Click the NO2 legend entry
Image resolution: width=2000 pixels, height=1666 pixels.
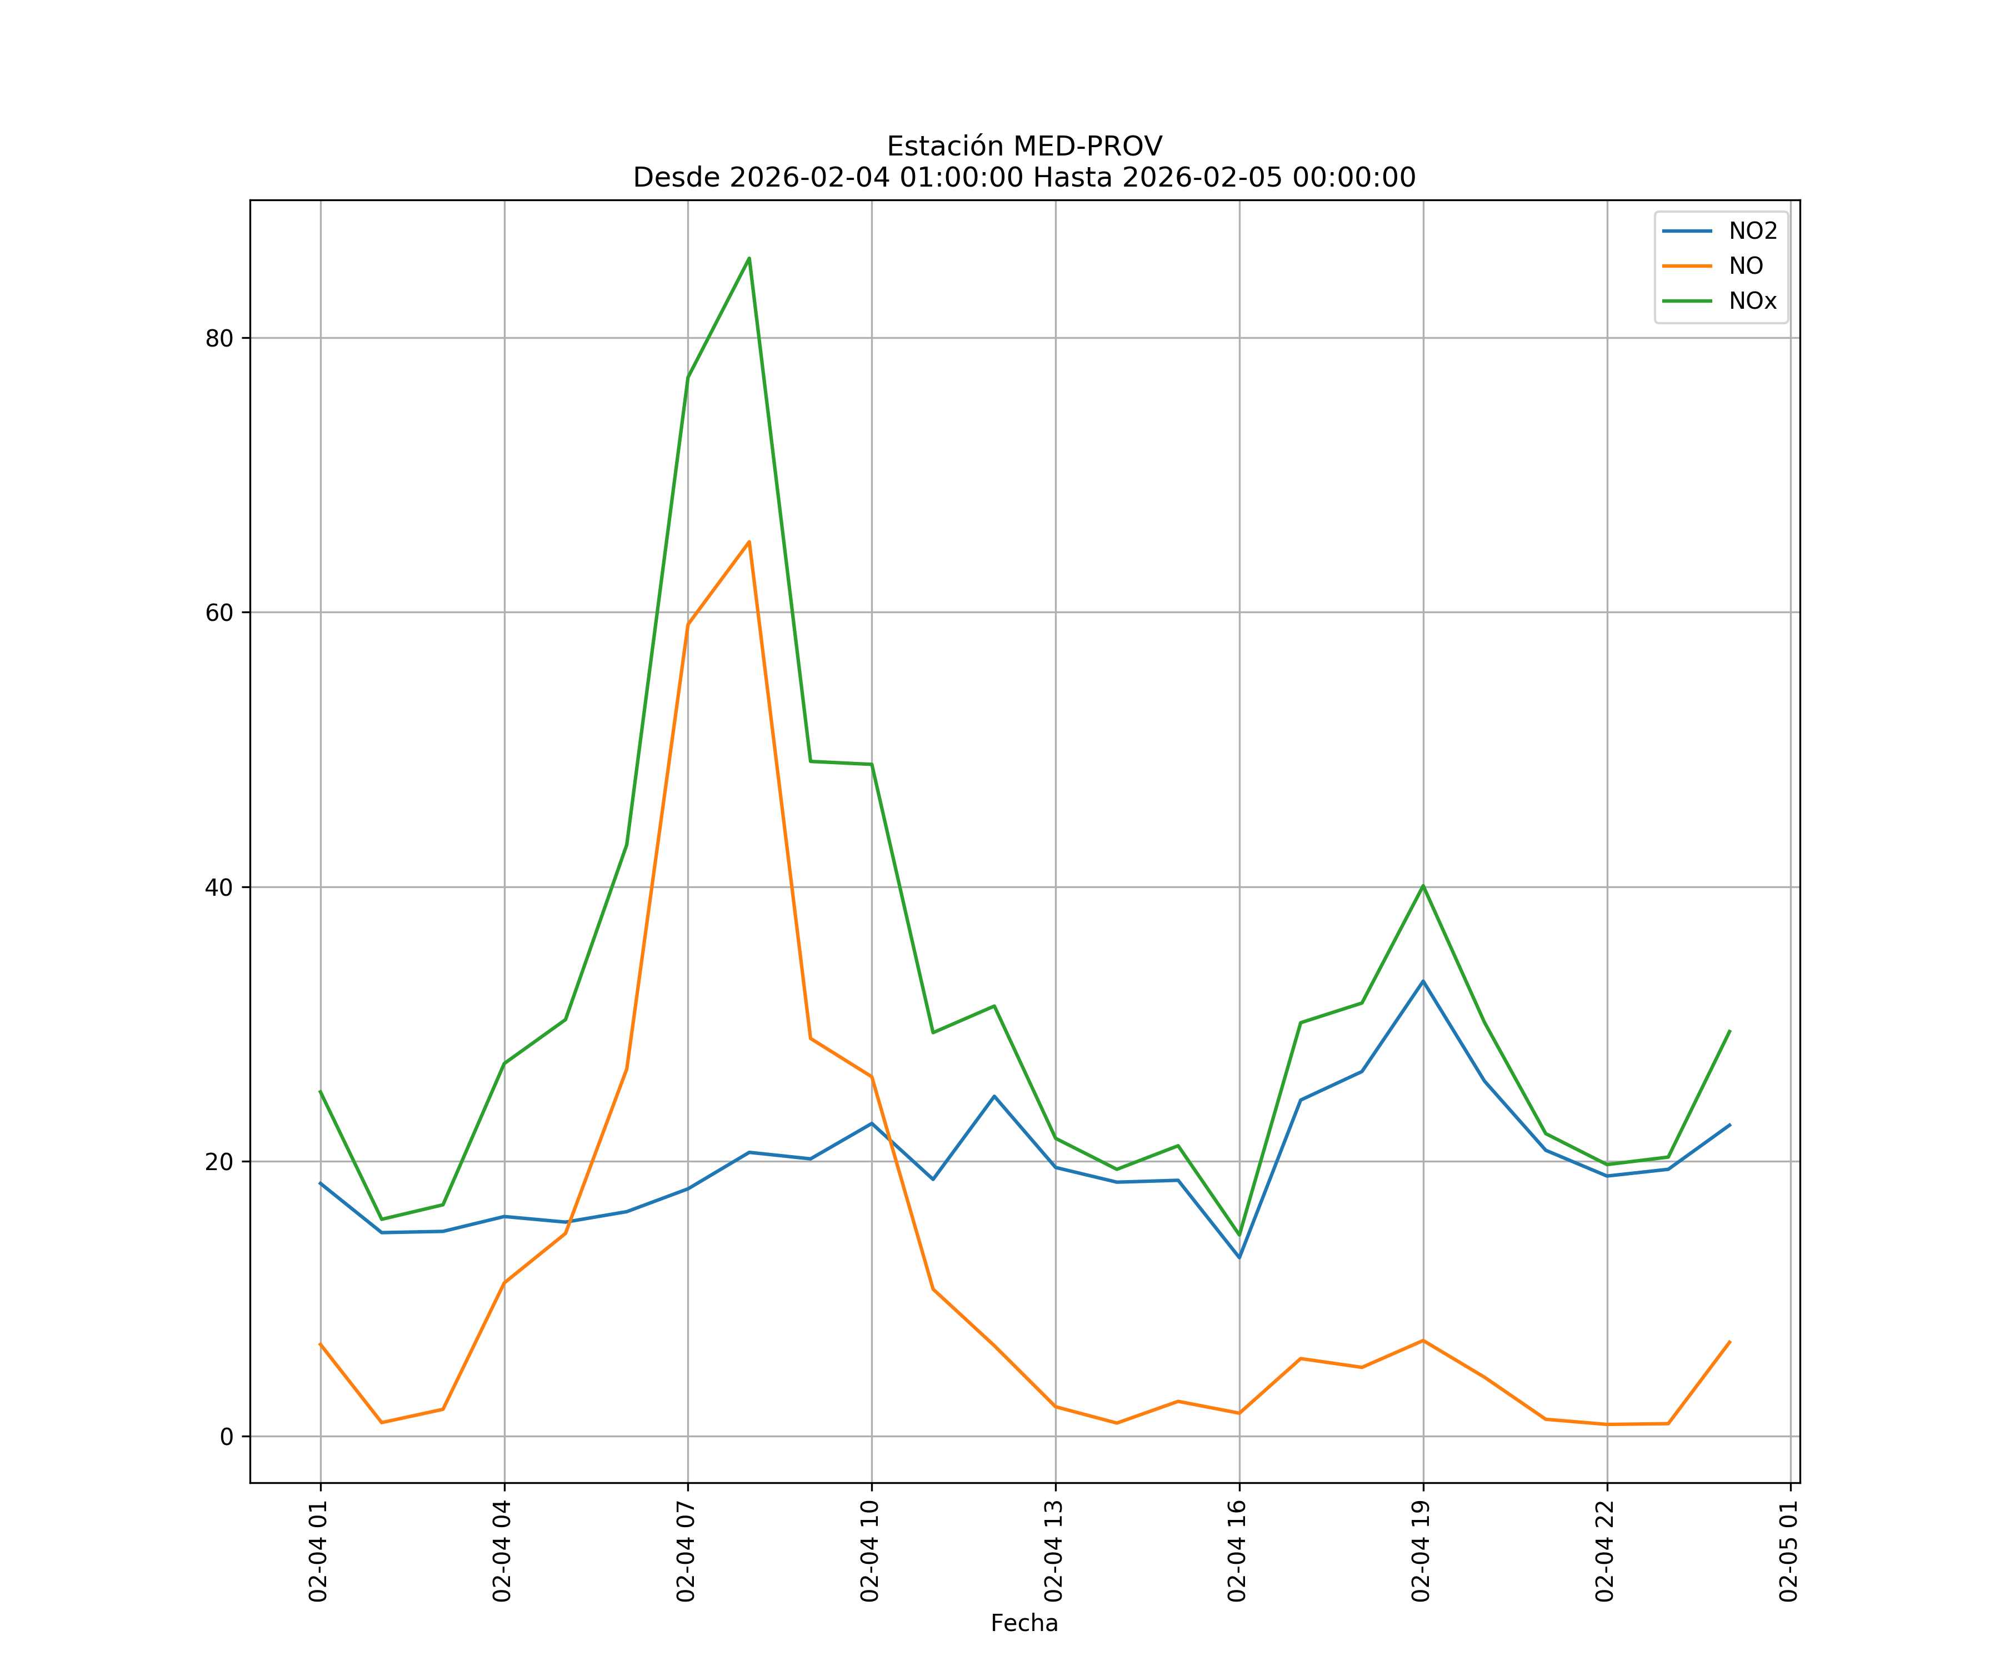pyautogui.click(x=1752, y=232)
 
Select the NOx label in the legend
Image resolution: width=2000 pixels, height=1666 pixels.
pyautogui.click(x=1752, y=301)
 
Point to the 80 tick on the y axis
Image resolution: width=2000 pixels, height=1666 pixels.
pyautogui.click(x=219, y=338)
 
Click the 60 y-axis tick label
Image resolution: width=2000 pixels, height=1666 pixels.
pyautogui.click(x=219, y=612)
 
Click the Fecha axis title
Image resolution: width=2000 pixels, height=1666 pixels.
pyautogui.click(x=1024, y=1623)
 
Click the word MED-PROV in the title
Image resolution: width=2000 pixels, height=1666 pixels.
pyautogui.click(x=1088, y=147)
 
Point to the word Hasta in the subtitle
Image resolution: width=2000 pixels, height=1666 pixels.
pyautogui.click(x=1072, y=178)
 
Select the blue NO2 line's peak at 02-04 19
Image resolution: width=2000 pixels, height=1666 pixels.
pyautogui.click(x=1423, y=981)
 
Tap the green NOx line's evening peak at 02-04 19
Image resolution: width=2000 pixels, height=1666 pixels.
pyautogui.click(x=1423, y=885)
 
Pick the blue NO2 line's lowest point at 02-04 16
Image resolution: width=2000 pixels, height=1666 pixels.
pyautogui.click(x=1239, y=1258)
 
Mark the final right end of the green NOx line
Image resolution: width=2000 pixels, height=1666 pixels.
pyautogui.click(x=1729, y=1030)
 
